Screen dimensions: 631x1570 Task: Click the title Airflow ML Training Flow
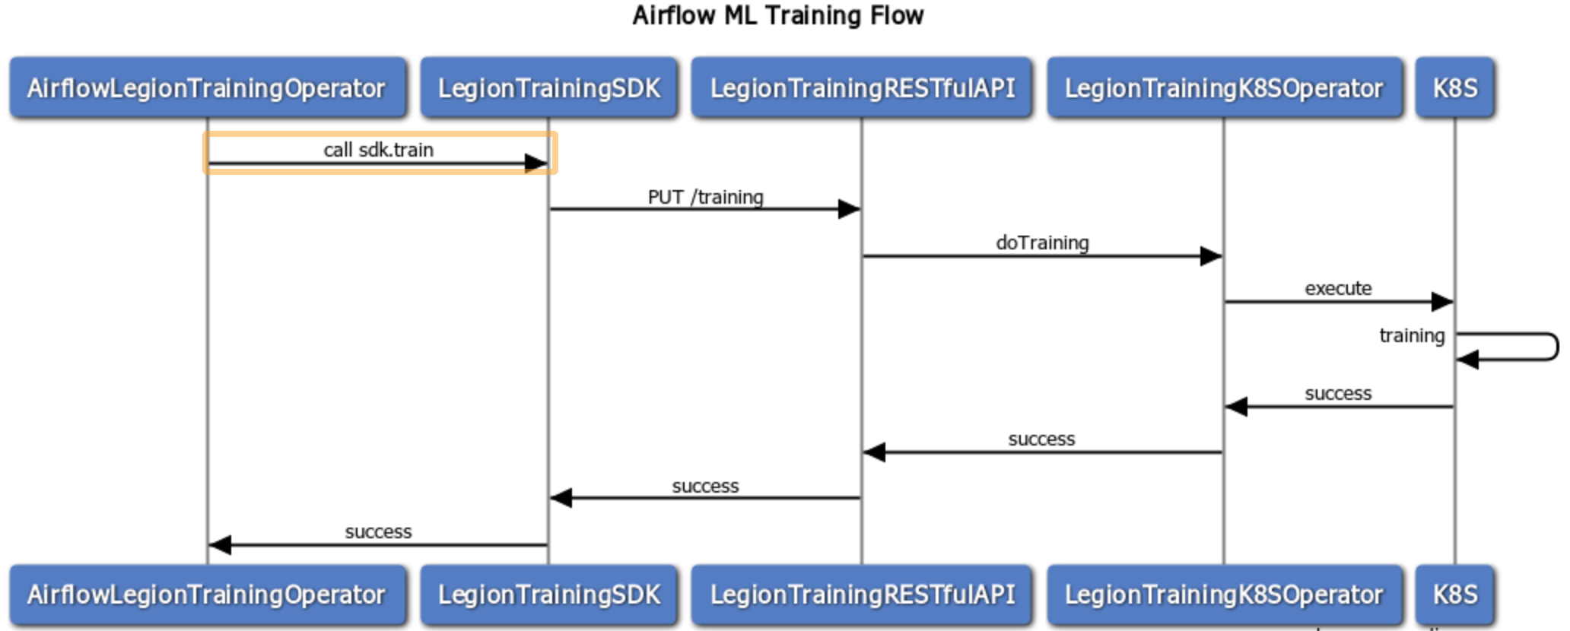pyautogui.click(x=777, y=15)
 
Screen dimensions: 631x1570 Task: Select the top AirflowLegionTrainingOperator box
pyautogui.click(x=207, y=88)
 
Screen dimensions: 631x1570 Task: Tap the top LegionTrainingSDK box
pyautogui.click(x=548, y=88)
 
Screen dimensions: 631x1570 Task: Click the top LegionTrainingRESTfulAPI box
pyautogui.click(x=862, y=88)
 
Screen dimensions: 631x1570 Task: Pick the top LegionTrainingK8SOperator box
pyautogui.click(x=1224, y=88)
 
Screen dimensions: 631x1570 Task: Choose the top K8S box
pyautogui.click(x=1454, y=88)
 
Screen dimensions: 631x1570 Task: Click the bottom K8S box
pyautogui.click(x=1454, y=595)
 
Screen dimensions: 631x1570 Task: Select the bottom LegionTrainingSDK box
pyautogui.click(x=548, y=595)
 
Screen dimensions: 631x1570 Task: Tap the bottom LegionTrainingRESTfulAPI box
pyautogui.click(x=862, y=595)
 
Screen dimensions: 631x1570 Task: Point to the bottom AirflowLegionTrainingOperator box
pyautogui.click(x=207, y=595)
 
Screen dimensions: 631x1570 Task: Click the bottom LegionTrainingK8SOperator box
pyautogui.click(x=1224, y=595)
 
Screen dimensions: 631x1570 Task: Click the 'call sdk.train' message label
pyautogui.click(x=378, y=150)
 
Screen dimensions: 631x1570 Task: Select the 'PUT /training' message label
pyautogui.click(x=705, y=197)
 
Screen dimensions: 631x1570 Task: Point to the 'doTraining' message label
pyautogui.click(x=1042, y=243)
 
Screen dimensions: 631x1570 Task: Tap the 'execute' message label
pyautogui.click(x=1338, y=288)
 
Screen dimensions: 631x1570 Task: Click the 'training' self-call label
pyautogui.click(x=1411, y=335)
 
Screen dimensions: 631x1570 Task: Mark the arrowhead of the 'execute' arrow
pyautogui.click(x=1443, y=302)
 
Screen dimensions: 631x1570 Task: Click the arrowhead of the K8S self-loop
pyautogui.click(x=1467, y=360)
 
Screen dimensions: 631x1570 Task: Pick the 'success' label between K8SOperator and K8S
pyautogui.click(x=1338, y=394)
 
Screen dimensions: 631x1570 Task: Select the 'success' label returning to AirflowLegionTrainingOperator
pyautogui.click(x=378, y=532)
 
